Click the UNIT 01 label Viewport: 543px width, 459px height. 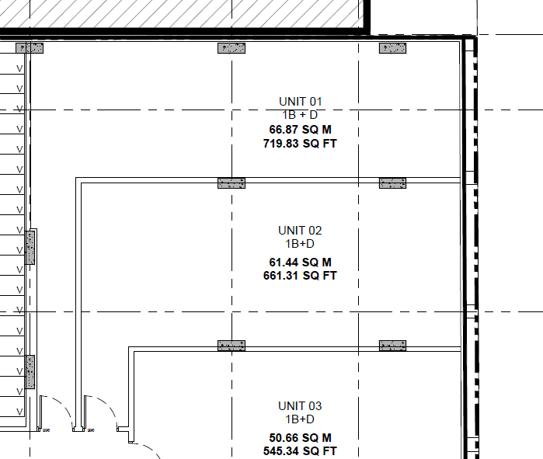pos(301,102)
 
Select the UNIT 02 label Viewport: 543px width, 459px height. pos(300,231)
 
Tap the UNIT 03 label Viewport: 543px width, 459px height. pos(300,406)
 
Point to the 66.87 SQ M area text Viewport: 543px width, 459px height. pos(301,130)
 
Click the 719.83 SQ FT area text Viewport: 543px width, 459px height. pos(300,144)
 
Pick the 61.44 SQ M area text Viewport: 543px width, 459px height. pos(301,262)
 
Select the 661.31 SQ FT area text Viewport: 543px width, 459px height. pos(300,276)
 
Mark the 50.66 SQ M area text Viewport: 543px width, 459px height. pos(301,438)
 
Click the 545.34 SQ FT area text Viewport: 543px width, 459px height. pos(300,451)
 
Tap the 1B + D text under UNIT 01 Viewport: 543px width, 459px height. pos(300,115)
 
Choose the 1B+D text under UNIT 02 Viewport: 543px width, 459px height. pos(300,244)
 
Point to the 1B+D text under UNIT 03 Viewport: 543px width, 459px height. pos(300,419)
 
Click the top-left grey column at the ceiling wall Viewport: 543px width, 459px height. pos(30,48)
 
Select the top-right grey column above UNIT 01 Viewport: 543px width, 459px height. pos(393,48)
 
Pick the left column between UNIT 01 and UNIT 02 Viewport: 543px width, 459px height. pos(231,183)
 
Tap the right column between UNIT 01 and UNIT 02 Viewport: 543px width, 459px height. pos(393,183)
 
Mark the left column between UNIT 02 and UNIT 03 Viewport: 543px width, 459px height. pos(231,346)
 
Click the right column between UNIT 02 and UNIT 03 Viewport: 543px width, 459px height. pos(393,346)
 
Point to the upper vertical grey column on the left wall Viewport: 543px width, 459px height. pos(30,248)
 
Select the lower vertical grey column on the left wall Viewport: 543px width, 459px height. pos(30,372)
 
